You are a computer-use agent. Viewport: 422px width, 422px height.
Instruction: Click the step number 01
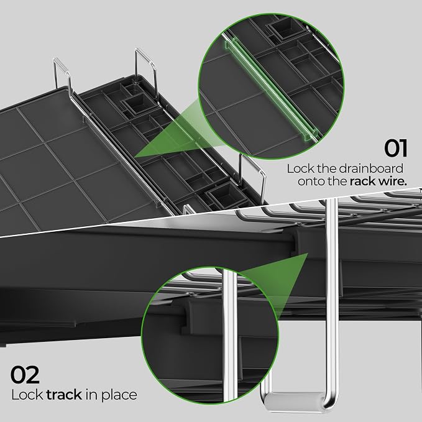point(395,148)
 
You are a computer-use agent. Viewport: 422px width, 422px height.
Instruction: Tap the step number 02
point(25,374)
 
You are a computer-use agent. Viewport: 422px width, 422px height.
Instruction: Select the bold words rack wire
point(378,181)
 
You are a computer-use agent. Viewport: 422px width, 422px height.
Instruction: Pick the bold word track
point(64,395)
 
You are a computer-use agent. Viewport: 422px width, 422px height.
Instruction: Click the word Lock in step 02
point(27,395)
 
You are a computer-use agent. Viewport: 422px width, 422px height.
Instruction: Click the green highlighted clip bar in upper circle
point(270,89)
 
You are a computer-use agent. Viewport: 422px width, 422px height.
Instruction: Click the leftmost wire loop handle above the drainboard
point(62,72)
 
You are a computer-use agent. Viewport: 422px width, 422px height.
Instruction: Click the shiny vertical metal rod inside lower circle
point(230,334)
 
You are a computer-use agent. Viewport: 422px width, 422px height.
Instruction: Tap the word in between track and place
point(92,395)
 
